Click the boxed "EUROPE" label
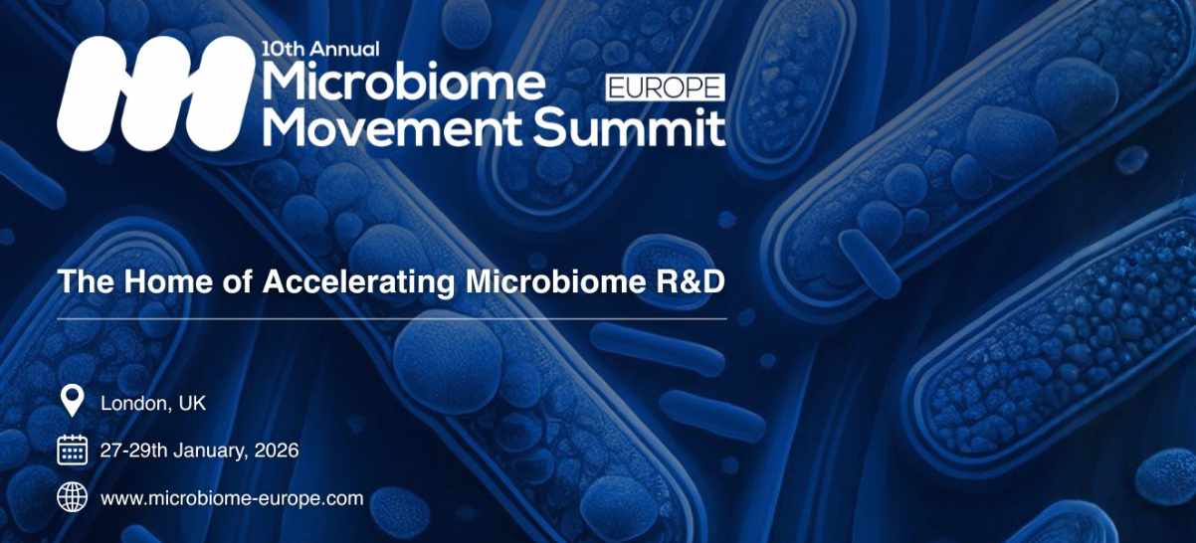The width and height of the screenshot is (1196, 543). coord(665,88)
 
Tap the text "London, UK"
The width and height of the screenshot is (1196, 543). coord(153,403)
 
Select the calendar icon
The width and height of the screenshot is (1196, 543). coord(72,450)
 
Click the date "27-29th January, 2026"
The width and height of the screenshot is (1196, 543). coord(199,450)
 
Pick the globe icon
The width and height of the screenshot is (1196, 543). coord(72,497)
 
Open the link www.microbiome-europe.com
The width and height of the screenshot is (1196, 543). coord(232,498)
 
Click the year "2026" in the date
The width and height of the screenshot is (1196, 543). coord(277,450)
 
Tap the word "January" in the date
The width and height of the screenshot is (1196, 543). coord(210,450)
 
